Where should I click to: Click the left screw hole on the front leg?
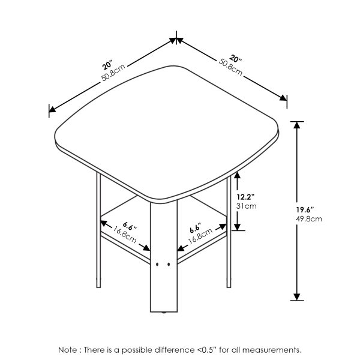(157, 264)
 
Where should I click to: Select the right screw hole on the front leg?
(167, 264)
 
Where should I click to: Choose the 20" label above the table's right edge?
(234, 58)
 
